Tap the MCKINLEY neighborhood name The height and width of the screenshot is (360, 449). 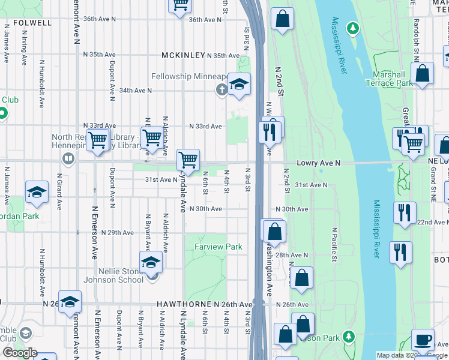183,56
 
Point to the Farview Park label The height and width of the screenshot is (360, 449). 218,247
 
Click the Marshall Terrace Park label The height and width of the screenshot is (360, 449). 388,79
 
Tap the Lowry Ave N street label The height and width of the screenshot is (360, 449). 319,163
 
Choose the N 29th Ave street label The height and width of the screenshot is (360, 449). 117,232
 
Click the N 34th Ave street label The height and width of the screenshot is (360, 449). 135,91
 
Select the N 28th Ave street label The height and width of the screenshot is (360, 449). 292,255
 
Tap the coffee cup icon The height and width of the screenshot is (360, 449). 423,340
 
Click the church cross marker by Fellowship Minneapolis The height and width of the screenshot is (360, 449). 221,90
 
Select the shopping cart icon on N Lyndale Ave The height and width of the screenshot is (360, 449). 188,160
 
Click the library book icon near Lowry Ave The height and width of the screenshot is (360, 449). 68,159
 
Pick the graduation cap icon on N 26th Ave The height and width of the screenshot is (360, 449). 70,302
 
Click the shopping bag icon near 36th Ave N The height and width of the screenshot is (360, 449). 282,19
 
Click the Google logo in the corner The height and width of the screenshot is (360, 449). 20,353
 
